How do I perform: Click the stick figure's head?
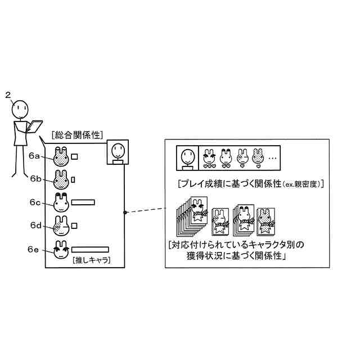click(x=21, y=106)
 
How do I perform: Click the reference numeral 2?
click(x=8, y=94)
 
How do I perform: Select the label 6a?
click(x=35, y=156)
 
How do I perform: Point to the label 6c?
click(x=35, y=202)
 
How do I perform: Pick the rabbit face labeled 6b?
click(x=60, y=180)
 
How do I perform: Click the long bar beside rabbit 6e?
click(x=89, y=249)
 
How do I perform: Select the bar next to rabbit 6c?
click(x=83, y=201)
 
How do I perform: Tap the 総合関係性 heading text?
click(x=75, y=135)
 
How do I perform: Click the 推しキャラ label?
click(x=91, y=261)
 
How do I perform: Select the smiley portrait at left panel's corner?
click(x=118, y=152)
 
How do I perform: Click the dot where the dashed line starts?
click(x=124, y=212)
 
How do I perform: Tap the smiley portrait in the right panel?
click(x=187, y=158)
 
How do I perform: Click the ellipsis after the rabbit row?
click(x=272, y=159)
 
